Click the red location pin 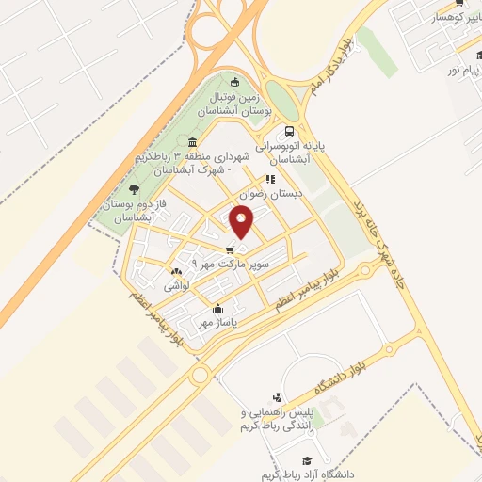click(x=242, y=223)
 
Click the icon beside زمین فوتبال click(x=236, y=81)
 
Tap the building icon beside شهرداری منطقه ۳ click(x=192, y=141)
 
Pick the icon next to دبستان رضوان click(x=270, y=178)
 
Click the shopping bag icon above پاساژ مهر click(x=218, y=308)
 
